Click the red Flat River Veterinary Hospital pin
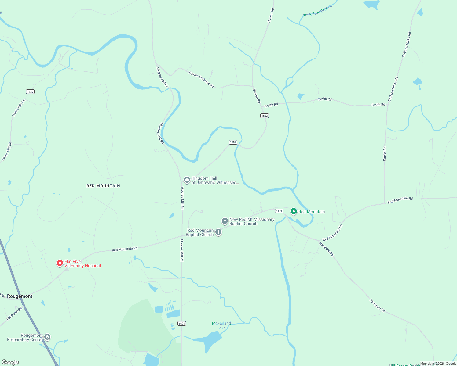pos(60,263)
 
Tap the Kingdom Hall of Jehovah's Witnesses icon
pos(187,180)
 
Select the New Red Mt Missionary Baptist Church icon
pos(225,221)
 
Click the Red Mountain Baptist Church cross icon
pos(218,232)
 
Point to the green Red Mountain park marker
pos(294,211)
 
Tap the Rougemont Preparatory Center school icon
pos(47,337)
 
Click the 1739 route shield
pos(30,92)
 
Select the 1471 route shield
pos(279,211)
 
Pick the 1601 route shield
pos(182,324)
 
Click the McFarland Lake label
pos(221,326)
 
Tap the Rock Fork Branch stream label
pos(317,11)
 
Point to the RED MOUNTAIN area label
pos(103,186)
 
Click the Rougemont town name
pos(20,296)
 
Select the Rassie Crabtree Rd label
pos(201,80)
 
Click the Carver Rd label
pos(385,154)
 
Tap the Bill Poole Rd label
pos(15,314)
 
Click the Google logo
pos(10,362)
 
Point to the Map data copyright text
pos(438,364)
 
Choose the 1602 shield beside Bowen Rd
pos(265,116)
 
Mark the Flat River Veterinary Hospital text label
pos(82,264)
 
